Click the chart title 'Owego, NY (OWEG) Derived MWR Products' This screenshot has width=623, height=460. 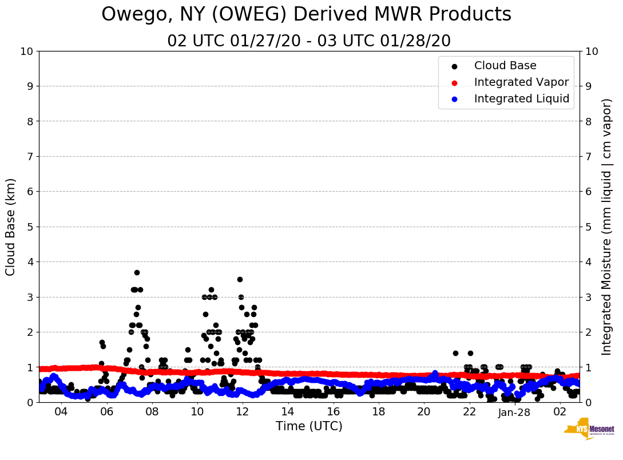tap(306, 15)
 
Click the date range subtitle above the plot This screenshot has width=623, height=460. tap(309, 41)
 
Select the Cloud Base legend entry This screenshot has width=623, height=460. tap(505, 66)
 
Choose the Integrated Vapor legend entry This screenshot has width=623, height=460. tap(521, 82)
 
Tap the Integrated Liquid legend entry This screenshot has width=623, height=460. tap(522, 99)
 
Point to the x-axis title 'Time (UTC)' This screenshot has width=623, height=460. tap(309, 426)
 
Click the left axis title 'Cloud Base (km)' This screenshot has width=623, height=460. tap(11, 227)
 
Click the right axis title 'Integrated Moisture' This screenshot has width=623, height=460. tap(607, 227)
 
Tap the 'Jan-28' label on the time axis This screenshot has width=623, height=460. tap(514, 413)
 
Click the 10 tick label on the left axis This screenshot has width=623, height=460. tap(26, 51)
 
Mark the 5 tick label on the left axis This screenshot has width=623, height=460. tap(30, 227)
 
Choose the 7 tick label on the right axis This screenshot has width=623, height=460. tap(588, 156)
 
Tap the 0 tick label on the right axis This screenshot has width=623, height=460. tap(588, 402)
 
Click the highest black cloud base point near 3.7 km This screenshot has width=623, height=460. tap(137, 272)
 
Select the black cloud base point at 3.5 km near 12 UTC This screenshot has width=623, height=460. tap(240, 279)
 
